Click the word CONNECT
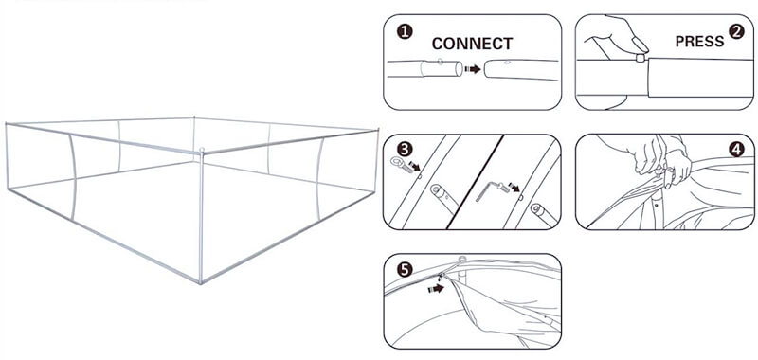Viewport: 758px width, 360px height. pyautogui.click(x=472, y=44)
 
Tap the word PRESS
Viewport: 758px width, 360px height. pyautogui.click(x=699, y=42)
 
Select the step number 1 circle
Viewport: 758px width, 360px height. pyautogui.click(x=405, y=32)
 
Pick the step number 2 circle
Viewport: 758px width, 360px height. pyautogui.click(x=736, y=32)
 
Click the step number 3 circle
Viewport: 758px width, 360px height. pyautogui.click(x=405, y=149)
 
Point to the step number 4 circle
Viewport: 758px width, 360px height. pyautogui.click(x=736, y=150)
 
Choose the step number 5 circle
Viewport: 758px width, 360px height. pyautogui.click(x=405, y=269)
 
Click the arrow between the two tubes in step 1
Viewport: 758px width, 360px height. pyautogui.click(x=472, y=69)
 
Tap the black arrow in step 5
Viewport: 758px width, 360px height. pyautogui.click(x=436, y=289)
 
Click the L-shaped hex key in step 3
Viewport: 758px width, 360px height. pyautogui.click(x=486, y=189)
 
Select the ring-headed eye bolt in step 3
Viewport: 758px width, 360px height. pyautogui.click(x=400, y=163)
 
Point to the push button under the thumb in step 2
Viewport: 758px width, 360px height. pyautogui.click(x=641, y=58)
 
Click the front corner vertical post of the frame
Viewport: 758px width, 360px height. pyautogui.click(x=201, y=218)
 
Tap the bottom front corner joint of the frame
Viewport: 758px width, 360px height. pyautogui.click(x=201, y=281)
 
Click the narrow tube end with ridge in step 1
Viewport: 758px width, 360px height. pyautogui.click(x=441, y=68)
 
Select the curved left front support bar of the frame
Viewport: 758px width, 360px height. pyautogui.click(x=73, y=177)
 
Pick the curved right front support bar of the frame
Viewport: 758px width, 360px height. pyautogui.click(x=319, y=179)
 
